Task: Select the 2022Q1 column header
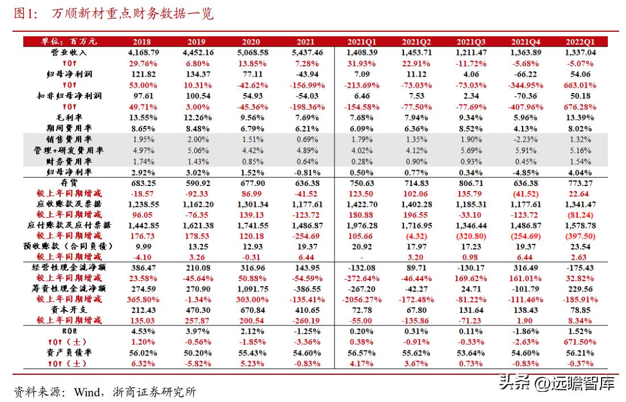tap(580, 41)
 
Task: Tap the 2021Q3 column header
tap(471, 41)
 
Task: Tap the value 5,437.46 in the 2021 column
tap(307, 52)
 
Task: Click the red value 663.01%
tap(580, 85)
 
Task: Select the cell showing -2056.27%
tap(362, 299)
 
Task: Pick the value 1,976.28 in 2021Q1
tap(362, 226)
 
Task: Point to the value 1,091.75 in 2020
tap(252, 288)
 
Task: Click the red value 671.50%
tap(580, 342)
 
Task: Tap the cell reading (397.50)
tap(580, 236)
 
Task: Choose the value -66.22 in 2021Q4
tap(526, 74)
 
